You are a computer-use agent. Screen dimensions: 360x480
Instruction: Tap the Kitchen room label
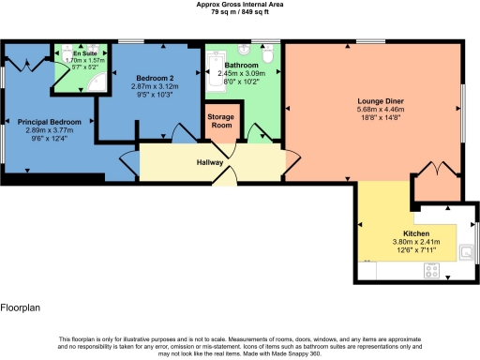coord(415,232)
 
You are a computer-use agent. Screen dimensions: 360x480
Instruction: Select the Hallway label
coord(209,162)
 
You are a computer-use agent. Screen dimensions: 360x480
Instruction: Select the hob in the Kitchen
coord(433,270)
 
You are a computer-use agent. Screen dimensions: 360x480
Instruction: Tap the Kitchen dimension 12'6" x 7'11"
coord(415,249)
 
